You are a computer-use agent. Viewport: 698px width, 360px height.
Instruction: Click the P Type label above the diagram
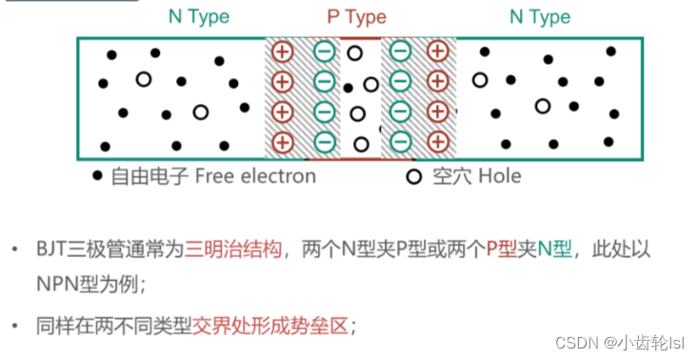(356, 17)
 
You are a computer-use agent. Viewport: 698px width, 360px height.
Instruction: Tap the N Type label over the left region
(198, 16)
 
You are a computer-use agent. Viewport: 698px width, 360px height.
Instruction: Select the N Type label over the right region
(540, 17)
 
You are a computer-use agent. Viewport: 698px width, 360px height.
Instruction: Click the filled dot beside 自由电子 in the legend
(96, 176)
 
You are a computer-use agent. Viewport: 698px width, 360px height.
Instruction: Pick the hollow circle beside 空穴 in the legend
(413, 177)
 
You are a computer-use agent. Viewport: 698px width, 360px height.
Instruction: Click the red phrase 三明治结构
(234, 250)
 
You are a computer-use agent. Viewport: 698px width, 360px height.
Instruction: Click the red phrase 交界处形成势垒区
(272, 326)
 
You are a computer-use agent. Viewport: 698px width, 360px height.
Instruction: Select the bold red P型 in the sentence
(504, 250)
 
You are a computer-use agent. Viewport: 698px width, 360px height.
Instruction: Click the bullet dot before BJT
(13, 250)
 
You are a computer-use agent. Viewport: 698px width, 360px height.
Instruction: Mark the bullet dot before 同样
(13, 326)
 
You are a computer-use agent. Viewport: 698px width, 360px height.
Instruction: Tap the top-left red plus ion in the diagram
(282, 51)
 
